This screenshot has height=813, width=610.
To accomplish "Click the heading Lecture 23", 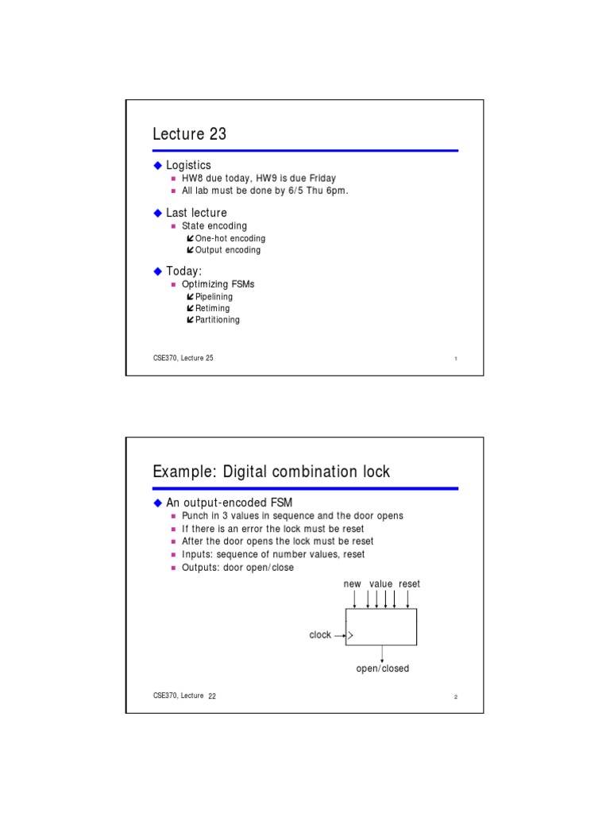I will pyautogui.click(x=190, y=134).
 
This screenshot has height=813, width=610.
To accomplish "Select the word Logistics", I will pyautogui.click(x=188, y=165).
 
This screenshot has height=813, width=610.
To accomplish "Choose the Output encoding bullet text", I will pyautogui.click(x=227, y=250).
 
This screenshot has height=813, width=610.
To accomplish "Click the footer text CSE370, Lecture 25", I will pyautogui.click(x=183, y=358).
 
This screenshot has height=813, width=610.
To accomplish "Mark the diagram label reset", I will pyautogui.click(x=409, y=584).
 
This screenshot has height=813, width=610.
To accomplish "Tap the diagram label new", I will pyautogui.click(x=352, y=584).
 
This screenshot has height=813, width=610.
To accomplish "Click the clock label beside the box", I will pyautogui.click(x=320, y=635).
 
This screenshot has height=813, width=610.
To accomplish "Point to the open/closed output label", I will pyautogui.click(x=382, y=669).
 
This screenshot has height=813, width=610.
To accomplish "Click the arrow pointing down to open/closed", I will pyautogui.click(x=383, y=653).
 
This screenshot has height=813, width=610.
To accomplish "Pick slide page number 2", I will pyautogui.click(x=456, y=697).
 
